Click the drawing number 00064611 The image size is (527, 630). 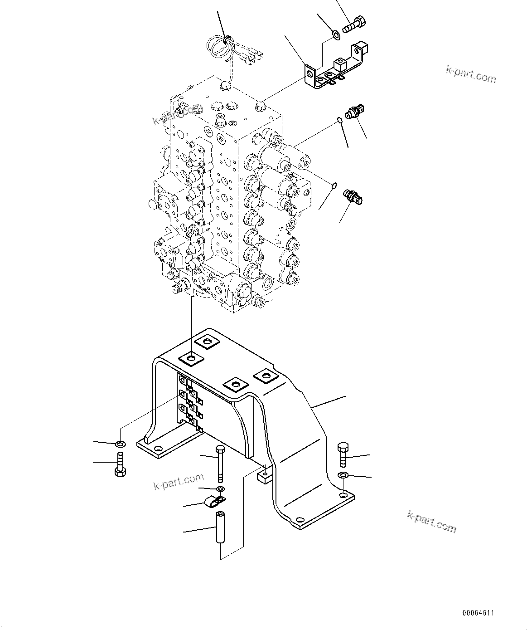coord(479,613)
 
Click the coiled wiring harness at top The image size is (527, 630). coord(220,45)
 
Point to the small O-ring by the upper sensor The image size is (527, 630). coord(339,120)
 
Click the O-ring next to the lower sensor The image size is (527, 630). coord(334,185)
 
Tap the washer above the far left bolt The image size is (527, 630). coord(120,443)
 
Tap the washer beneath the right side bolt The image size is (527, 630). coord(343,475)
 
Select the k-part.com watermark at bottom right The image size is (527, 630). coord(431,522)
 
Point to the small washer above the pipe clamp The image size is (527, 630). coord(220,489)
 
